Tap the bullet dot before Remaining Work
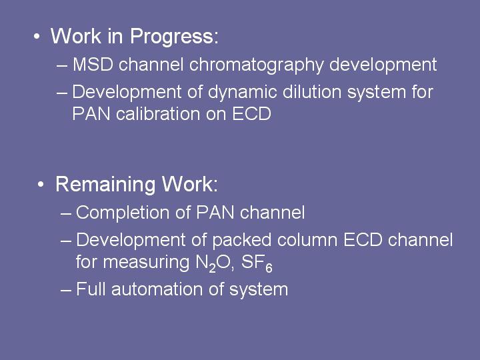pyautogui.click(x=41, y=185)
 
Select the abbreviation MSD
pyautogui.click(x=93, y=64)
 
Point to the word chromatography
pyautogui.click(x=256, y=65)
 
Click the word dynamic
pyautogui.click(x=243, y=93)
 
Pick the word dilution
pyautogui.click(x=312, y=91)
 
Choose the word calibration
pyautogui.click(x=158, y=114)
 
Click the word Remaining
pyautogui.click(x=105, y=185)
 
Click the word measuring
pyautogui.click(x=146, y=263)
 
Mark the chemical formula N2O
pyautogui.click(x=213, y=263)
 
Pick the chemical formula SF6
pyautogui.click(x=257, y=263)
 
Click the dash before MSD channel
pyautogui.click(x=62, y=65)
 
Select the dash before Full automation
pyautogui.click(x=66, y=290)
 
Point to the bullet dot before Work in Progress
pyautogui.click(x=37, y=37)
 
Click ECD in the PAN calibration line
pyautogui.click(x=251, y=114)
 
